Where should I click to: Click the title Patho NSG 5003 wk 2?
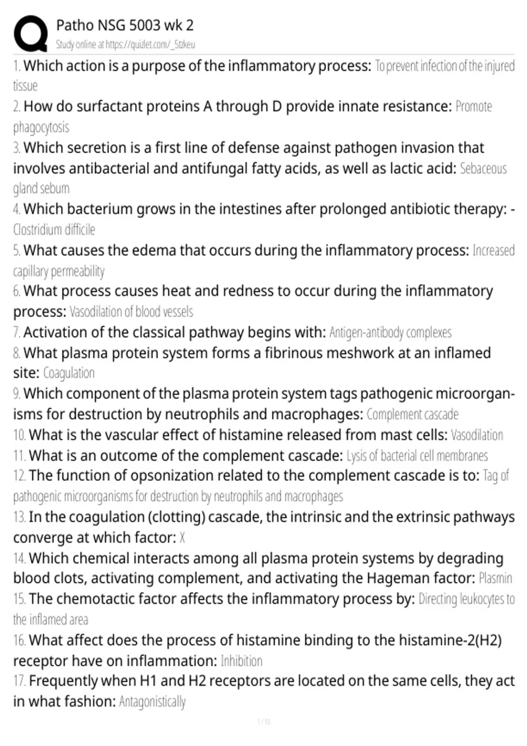(x=125, y=25)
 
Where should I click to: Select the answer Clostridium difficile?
(x=54, y=230)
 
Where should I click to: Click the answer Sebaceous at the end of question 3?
(x=483, y=169)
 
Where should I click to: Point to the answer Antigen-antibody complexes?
(x=390, y=333)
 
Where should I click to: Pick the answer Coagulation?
(x=69, y=373)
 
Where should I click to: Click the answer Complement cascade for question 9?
(x=412, y=414)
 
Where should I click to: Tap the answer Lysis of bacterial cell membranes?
(x=417, y=456)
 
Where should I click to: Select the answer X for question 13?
(x=182, y=538)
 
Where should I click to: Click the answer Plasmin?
(x=495, y=578)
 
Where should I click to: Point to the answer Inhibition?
(x=242, y=661)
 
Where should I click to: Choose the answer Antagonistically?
(x=152, y=702)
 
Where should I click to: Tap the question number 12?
(x=19, y=476)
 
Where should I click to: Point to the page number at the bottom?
(x=263, y=721)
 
